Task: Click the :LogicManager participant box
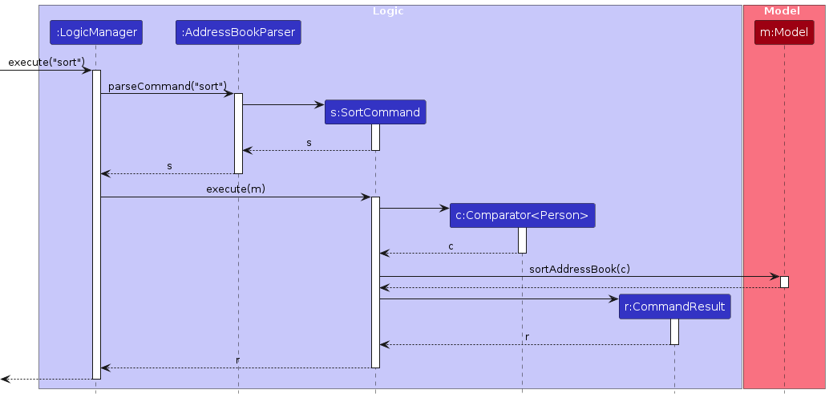(95, 33)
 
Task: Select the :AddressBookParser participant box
(238, 33)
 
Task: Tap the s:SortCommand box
(375, 112)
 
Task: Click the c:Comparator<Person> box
(522, 215)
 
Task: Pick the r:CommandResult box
(674, 307)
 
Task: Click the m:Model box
(784, 33)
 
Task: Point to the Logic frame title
(388, 11)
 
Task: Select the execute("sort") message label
(47, 63)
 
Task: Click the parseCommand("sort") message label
(167, 86)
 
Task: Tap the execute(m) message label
(236, 189)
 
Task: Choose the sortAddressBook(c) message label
(579, 269)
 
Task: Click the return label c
(451, 246)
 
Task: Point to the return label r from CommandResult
(527, 337)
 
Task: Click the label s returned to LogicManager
(169, 165)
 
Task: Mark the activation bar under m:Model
(784, 282)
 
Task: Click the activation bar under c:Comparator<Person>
(522, 240)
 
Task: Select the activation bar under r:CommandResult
(674, 331)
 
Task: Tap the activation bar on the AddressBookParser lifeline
(238, 132)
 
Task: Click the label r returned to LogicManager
(237, 360)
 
